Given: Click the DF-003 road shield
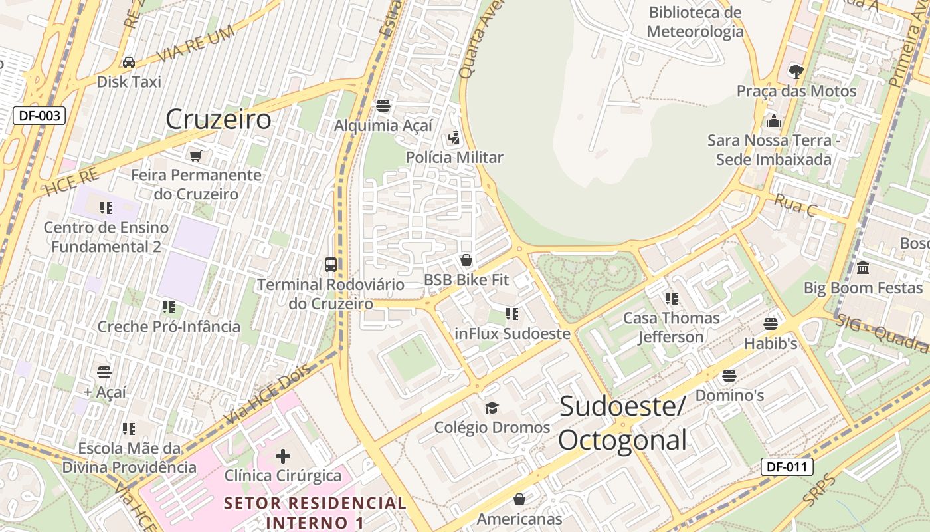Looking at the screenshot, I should click(x=39, y=116).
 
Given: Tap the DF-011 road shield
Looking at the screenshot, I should click(x=787, y=467).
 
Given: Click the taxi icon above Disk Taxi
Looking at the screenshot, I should click(x=129, y=62).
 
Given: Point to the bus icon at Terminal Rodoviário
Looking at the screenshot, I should click(x=330, y=264).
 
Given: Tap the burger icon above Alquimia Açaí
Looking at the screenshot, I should click(x=383, y=105).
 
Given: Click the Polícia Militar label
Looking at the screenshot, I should click(x=454, y=158).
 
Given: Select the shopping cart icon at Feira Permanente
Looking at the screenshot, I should click(x=195, y=156).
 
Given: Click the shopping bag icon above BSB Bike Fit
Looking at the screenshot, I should click(x=466, y=260).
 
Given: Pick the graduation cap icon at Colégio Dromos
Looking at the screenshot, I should click(x=492, y=407).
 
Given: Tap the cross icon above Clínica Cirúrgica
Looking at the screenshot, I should click(x=283, y=456).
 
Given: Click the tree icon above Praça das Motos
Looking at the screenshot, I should click(x=796, y=70).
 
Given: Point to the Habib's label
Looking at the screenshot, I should click(x=771, y=344).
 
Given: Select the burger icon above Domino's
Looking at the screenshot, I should click(x=729, y=376).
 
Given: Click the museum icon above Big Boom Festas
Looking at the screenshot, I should click(x=863, y=268).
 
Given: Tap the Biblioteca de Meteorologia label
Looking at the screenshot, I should click(x=695, y=22).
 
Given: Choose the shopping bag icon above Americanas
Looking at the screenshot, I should click(x=519, y=499).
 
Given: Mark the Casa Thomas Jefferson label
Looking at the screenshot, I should click(x=671, y=327).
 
